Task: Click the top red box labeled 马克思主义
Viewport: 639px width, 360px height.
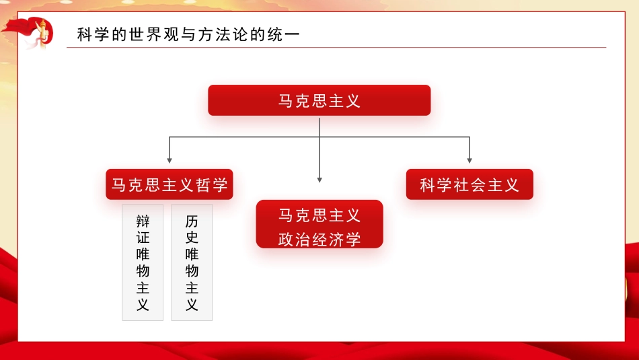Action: click(x=319, y=100)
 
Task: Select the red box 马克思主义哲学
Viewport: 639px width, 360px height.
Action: click(x=170, y=184)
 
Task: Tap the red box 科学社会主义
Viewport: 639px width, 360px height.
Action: click(x=469, y=184)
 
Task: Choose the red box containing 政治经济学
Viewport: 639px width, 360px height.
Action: click(x=319, y=225)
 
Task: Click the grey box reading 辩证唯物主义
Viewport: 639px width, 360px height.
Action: click(x=143, y=262)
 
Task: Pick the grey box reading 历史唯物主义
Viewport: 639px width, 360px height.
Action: click(x=192, y=262)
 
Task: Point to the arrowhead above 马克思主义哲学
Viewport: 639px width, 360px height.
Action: click(x=170, y=160)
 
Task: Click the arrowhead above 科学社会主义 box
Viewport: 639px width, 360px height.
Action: click(x=469, y=160)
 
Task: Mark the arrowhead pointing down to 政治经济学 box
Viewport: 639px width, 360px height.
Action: click(x=319, y=179)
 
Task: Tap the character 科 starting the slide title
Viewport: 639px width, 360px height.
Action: click(x=84, y=34)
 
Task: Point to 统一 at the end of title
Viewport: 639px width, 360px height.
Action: click(x=283, y=34)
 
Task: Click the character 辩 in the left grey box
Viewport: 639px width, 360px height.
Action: click(x=143, y=221)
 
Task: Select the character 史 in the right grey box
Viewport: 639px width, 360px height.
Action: click(x=192, y=238)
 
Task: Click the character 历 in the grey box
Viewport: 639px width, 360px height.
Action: click(x=192, y=221)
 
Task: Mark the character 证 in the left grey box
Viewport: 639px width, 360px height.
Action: click(x=143, y=238)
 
